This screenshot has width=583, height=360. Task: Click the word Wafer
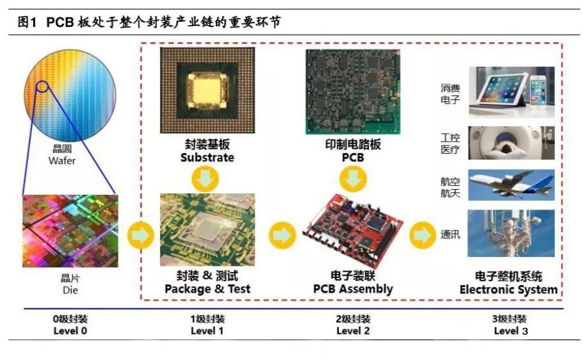[x=62, y=161]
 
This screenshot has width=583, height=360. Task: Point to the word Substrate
[x=207, y=158]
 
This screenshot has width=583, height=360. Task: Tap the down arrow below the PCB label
[x=353, y=179]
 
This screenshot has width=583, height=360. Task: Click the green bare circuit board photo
[x=352, y=91]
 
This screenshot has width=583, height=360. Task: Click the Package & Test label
[x=207, y=289]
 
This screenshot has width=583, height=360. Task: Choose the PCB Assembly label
[x=353, y=289]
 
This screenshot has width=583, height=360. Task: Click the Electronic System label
[x=508, y=290]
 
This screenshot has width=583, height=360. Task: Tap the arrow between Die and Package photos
[x=141, y=235]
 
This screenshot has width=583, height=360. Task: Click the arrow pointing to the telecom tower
[x=422, y=235]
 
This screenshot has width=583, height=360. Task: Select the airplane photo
[x=511, y=186]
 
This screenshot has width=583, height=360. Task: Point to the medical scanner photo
[x=511, y=142]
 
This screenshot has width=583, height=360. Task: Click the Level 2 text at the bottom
[x=353, y=331]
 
